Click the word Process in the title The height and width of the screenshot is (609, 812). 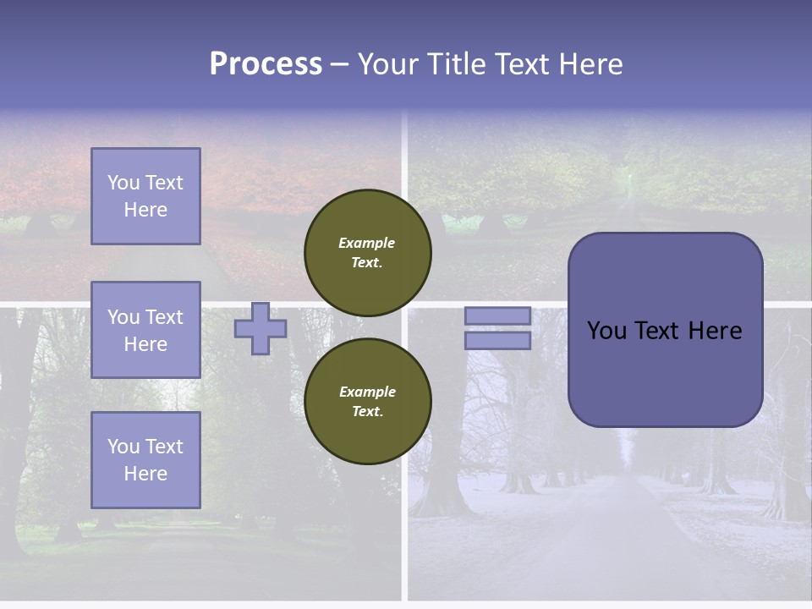(x=266, y=64)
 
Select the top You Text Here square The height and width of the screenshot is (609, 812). (x=145, y=196)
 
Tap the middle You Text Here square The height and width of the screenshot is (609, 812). (x=145, y=330)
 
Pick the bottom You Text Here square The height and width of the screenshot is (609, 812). (x=145, y=460)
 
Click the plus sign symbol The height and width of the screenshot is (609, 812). (x=261, y=328)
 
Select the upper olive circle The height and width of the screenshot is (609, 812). (x=367, y=252)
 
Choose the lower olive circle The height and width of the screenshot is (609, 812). (x=367, y=401)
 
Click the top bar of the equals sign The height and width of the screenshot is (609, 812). (x=497, y=315)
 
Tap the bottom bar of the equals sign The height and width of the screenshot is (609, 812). (x=497, y=340)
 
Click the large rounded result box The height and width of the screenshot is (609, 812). (x=665, y=330)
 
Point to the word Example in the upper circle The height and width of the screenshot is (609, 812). (x=367, y=243)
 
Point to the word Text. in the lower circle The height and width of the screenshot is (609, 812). (x=367, y=411)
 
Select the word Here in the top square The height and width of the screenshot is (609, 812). (x=145, y=210)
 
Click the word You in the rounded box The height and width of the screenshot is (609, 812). (x=606, y=331)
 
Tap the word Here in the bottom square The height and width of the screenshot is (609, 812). (x=145, y=474)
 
